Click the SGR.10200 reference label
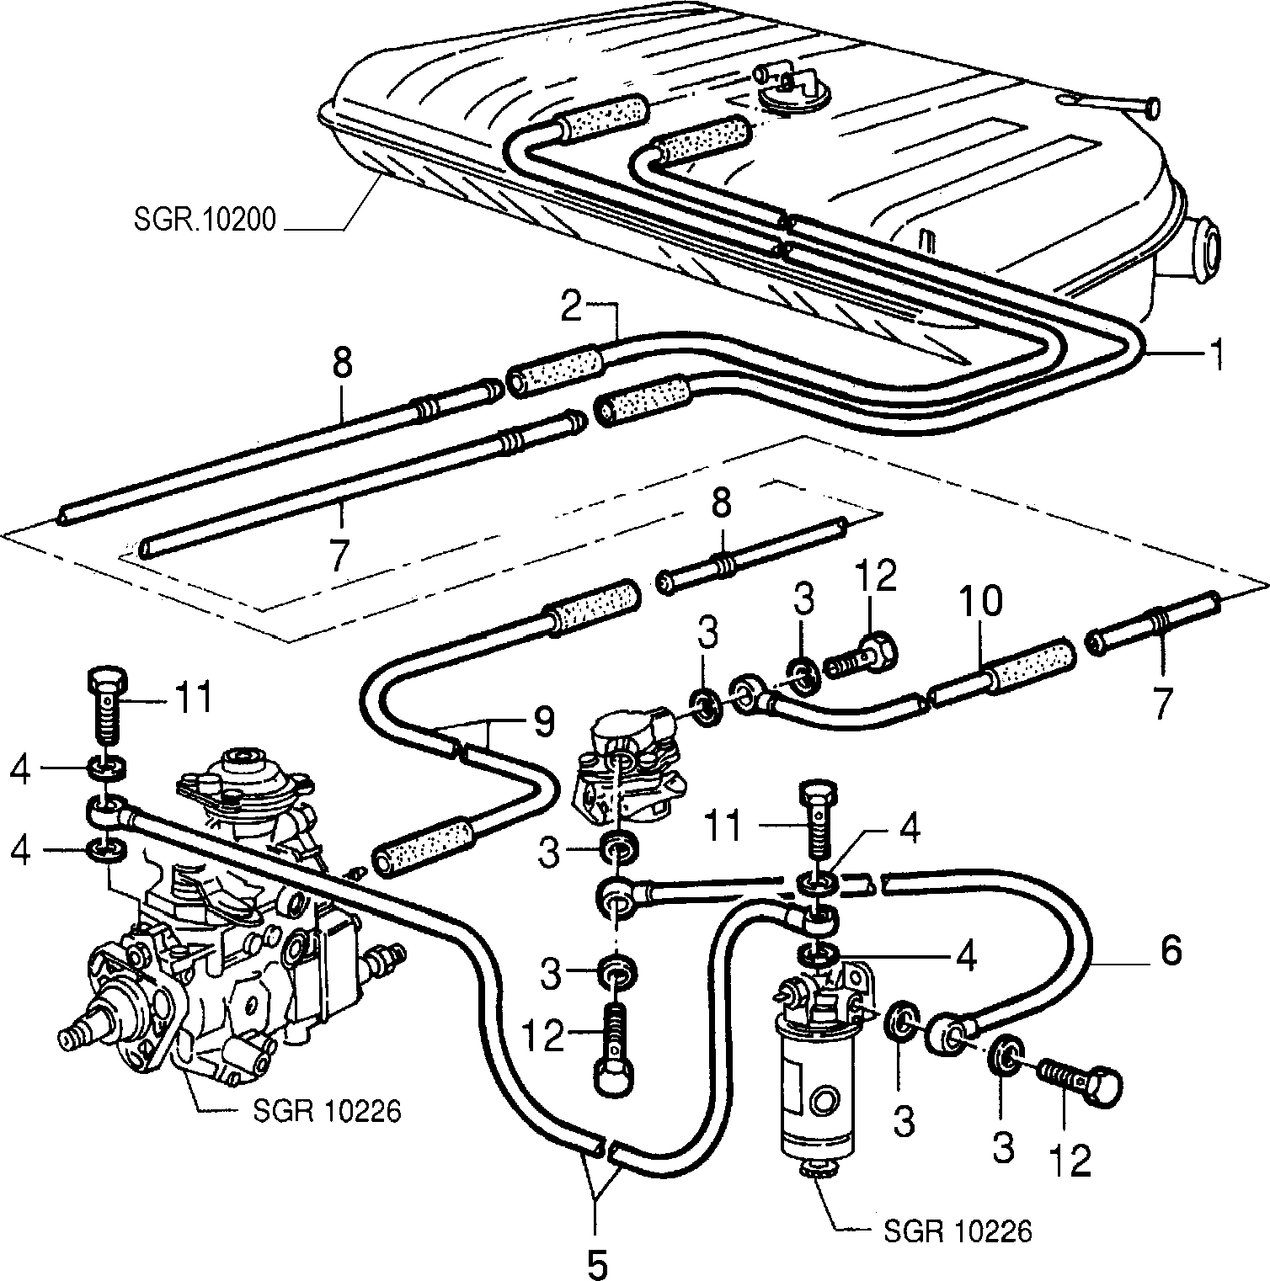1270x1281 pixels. coord(203,221)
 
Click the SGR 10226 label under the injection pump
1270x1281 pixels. coord(326,1111)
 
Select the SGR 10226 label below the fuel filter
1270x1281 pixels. coord(958,1232)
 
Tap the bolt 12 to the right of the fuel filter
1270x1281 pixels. coord(1076,1079)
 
